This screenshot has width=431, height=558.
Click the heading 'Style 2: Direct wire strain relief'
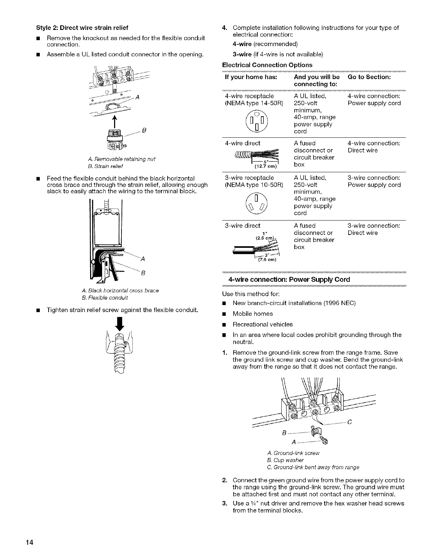82,27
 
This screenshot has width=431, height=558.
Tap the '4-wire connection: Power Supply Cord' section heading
289,279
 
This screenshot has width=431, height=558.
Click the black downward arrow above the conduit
120,323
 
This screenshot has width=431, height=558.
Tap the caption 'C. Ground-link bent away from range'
313,467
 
